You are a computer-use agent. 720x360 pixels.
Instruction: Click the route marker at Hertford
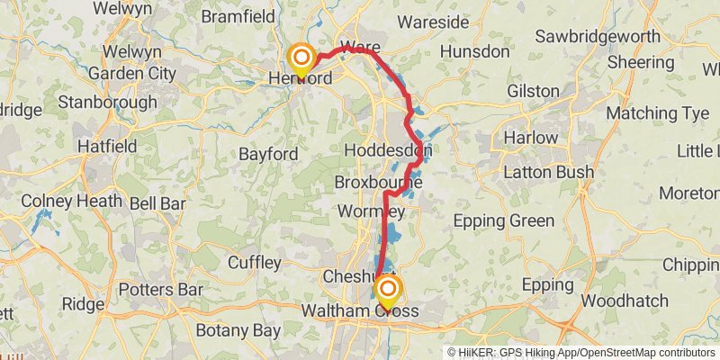point(300,59)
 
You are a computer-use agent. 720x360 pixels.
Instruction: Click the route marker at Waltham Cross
point(388,290)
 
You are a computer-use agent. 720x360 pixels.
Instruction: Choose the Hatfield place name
point(107,146)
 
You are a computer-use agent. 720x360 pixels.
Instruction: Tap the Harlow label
point(531,139)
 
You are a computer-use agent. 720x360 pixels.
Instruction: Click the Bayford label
point(268,154)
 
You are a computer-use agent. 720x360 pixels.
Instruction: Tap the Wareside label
point(433,21)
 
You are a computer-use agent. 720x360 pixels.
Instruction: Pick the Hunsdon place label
point(474,51)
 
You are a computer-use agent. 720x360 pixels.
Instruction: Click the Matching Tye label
point(657,113)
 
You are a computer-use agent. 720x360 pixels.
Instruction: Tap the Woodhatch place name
point(622,300)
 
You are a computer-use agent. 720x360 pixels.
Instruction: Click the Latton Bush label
point(548,172)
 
